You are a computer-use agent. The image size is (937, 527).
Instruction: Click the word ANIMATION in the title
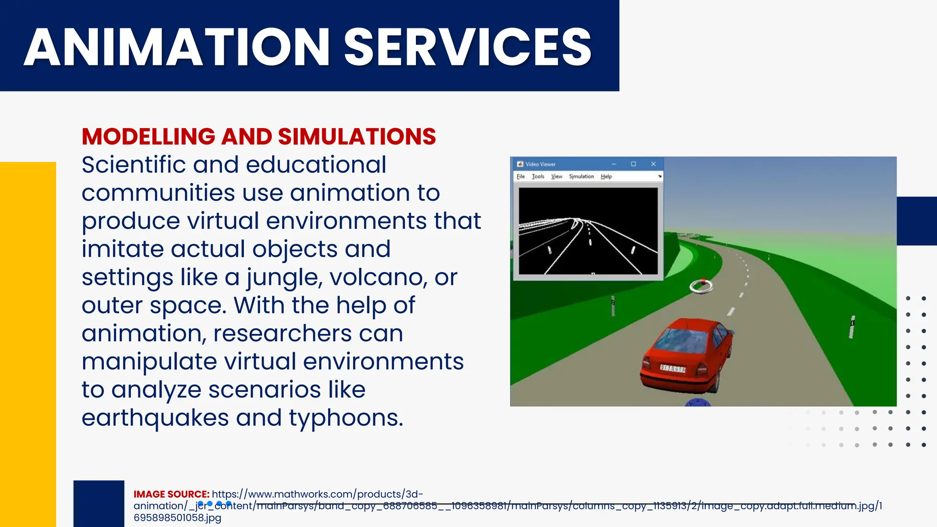click(177, 47)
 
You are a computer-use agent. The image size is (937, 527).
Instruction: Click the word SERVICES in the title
click(468, 47)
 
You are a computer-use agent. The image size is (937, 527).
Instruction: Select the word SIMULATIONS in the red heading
click(357, 137)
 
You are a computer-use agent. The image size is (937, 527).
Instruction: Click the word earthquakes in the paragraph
click(155, 418)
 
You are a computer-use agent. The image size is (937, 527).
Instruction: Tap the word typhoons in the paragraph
click(346, 418)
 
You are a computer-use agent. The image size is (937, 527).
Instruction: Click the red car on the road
click(686, 355)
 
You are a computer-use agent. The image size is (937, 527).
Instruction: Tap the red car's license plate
click(673, 369)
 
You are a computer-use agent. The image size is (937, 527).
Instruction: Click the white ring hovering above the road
click(701, 286)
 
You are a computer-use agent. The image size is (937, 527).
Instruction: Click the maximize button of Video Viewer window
click(633, 164)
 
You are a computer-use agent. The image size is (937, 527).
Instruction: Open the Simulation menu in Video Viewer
click(581, 177)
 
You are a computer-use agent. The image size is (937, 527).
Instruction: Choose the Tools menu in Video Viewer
click(538, 177)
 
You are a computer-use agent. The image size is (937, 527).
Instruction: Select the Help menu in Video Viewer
click(606, 177)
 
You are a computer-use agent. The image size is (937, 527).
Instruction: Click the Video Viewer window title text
click(540, 164)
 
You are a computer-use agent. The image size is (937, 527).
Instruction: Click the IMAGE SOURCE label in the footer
click(171, 494)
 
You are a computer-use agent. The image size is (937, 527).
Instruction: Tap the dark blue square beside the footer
click(99, 503)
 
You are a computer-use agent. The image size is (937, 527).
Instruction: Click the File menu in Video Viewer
click(521, 177)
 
